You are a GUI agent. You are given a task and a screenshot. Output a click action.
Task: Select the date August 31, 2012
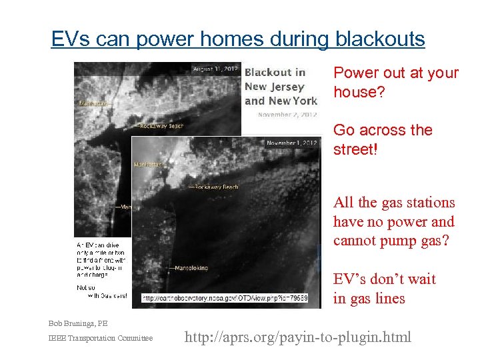click(x=215, y=69)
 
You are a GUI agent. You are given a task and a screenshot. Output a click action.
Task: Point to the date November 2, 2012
click(x=287, y=115)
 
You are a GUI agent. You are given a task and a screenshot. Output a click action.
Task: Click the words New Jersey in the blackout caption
click(x=275, y=87)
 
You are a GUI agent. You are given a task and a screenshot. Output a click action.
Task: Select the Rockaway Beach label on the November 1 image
click(x=217, y=187)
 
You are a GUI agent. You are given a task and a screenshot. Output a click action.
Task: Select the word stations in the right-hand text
click(x=431, y=203)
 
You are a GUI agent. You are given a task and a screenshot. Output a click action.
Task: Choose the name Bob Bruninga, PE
click(x=77, y=323)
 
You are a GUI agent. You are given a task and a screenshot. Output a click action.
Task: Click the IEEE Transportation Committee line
click(x=100, y=339)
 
